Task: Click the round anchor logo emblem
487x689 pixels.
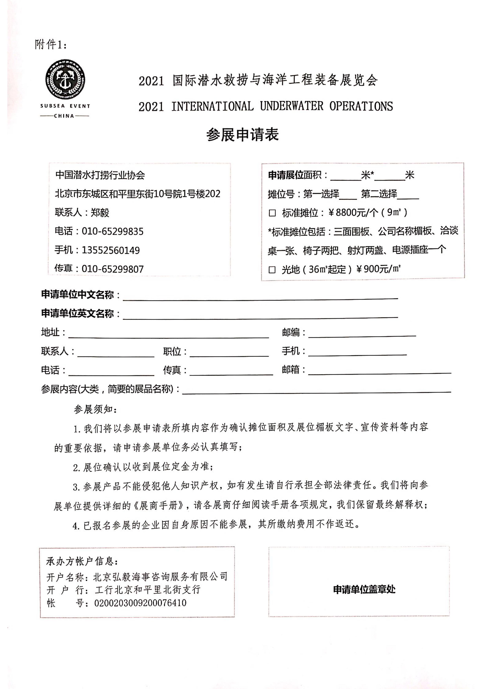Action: (x=65, y=80)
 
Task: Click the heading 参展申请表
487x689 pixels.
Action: (x=243, y=135)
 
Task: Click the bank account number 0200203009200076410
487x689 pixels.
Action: (x=140, y=603)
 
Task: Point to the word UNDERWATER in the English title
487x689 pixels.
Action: (x=292, y=106)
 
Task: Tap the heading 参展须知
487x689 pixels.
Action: (x=95, y=409)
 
